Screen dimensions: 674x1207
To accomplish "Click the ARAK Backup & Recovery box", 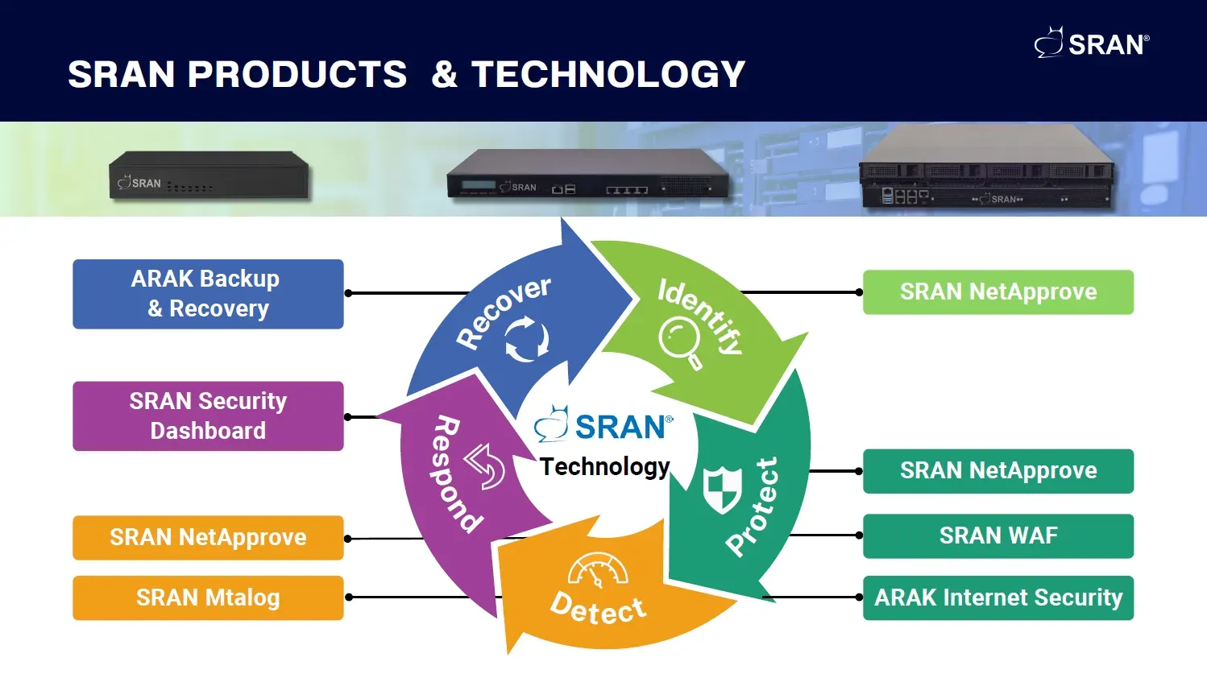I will pos(208,294).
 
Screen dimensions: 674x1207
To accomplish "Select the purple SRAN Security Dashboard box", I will pos(208,416).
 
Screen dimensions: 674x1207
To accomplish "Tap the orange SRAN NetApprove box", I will pos(208,537).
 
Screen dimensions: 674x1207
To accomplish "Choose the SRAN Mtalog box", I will pos(208,598).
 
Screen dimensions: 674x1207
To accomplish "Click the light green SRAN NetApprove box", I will pos(998,292).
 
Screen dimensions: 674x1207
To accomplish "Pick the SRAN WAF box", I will pos(998,535).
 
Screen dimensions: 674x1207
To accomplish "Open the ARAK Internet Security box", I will pos(998,598).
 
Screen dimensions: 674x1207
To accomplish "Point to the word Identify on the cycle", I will pos(700,315).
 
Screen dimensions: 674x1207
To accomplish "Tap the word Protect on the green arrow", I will pos(753,507).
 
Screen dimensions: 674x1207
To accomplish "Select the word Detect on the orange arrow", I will pos(598,609).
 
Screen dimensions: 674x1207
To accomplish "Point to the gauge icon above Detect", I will pos(598,570).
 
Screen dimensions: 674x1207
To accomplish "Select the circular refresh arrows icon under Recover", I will pos(527,338).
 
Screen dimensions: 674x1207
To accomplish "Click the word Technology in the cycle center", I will pos(604,466).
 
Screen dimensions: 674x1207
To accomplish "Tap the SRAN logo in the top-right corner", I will pos(1092,43).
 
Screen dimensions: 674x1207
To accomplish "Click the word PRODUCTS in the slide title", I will pos(297,74).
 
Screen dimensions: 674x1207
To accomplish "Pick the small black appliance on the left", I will pos(209,175).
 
